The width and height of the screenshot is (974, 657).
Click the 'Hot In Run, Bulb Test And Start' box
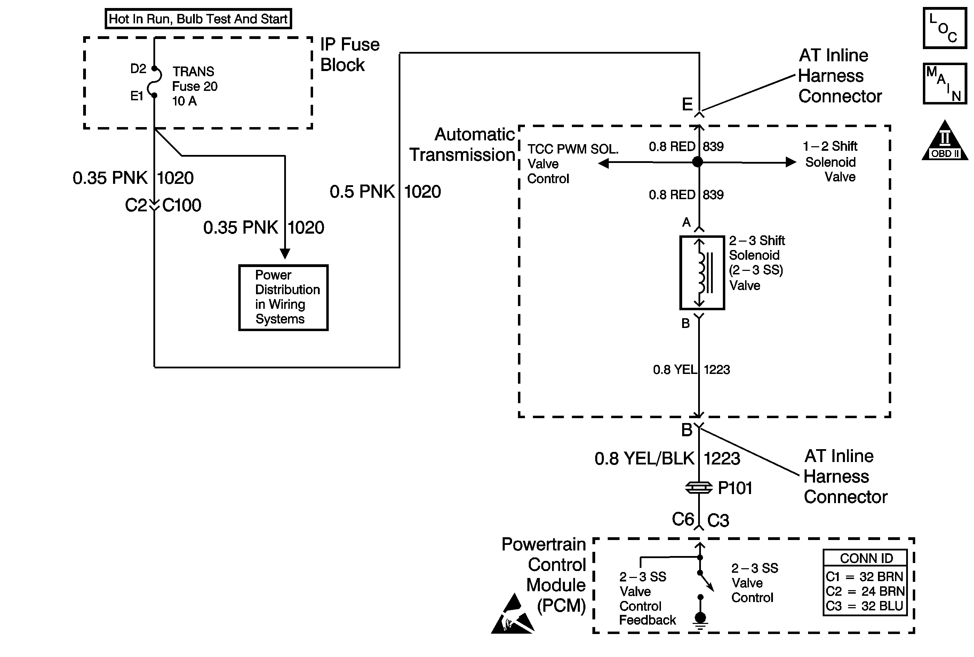(x=198, y=19)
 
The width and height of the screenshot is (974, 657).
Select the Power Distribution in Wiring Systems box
(x=284, y=297)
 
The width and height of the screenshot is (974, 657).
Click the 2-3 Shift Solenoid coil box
(x=702, y=273)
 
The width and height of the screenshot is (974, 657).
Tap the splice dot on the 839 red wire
(x=697, y=162)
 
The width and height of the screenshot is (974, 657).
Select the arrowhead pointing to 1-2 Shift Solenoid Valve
(x=791, y=162)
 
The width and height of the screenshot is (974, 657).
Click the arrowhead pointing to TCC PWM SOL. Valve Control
(x=604, y=163)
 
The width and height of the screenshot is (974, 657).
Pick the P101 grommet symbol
(x=698, y=487)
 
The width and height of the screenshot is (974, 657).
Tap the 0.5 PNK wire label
(x=362, y=192)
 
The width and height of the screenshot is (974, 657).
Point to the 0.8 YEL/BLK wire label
(x=644, y=459)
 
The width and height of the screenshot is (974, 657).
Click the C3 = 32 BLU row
(x=865, y=606)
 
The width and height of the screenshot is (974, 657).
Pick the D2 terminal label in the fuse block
(x=138, y=69)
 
